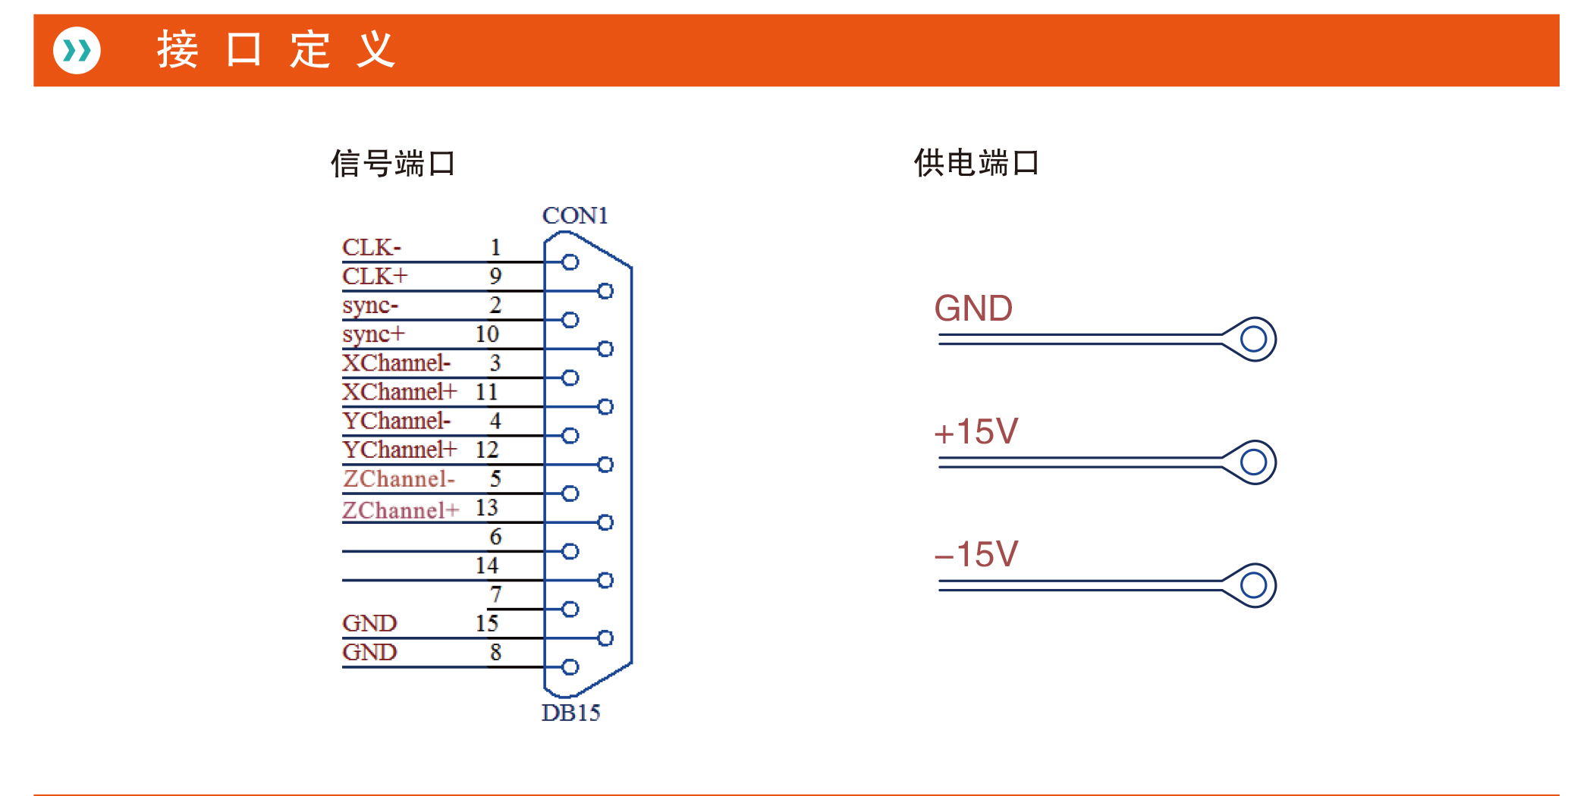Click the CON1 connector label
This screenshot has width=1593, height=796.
(x=575, y=216)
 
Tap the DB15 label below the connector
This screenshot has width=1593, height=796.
(x=570, y=713)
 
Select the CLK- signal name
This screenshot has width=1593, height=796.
(x=372, y=247)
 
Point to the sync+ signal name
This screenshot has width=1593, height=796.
(x=374, y=334)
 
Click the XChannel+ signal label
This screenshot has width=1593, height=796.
(x=400, y=392)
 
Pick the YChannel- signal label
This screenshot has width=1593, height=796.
(x=397, y=421)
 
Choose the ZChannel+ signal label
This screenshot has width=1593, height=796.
(x=401, y=510)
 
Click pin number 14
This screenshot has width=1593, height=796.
(x=487, y=566)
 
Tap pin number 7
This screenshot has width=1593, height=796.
(x=495, y=594)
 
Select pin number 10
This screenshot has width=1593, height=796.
(x=487, y=334)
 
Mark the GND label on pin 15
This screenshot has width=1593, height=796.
(x=369, y=623)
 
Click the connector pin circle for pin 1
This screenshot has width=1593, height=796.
(x=570, y=262)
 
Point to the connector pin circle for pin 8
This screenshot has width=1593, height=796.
(x=570, y=667)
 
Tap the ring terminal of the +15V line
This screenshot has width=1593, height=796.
(x=1253, y=462)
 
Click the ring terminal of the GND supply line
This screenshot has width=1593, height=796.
(x=1253, y=339)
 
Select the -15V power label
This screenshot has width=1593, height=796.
(x=976, y=554)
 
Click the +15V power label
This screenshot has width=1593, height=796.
(x=976, y=432)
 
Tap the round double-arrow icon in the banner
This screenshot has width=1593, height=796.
(x=77, y=51)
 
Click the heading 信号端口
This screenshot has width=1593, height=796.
(x=393, y=164)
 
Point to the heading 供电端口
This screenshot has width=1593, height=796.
(x=976, y=163)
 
